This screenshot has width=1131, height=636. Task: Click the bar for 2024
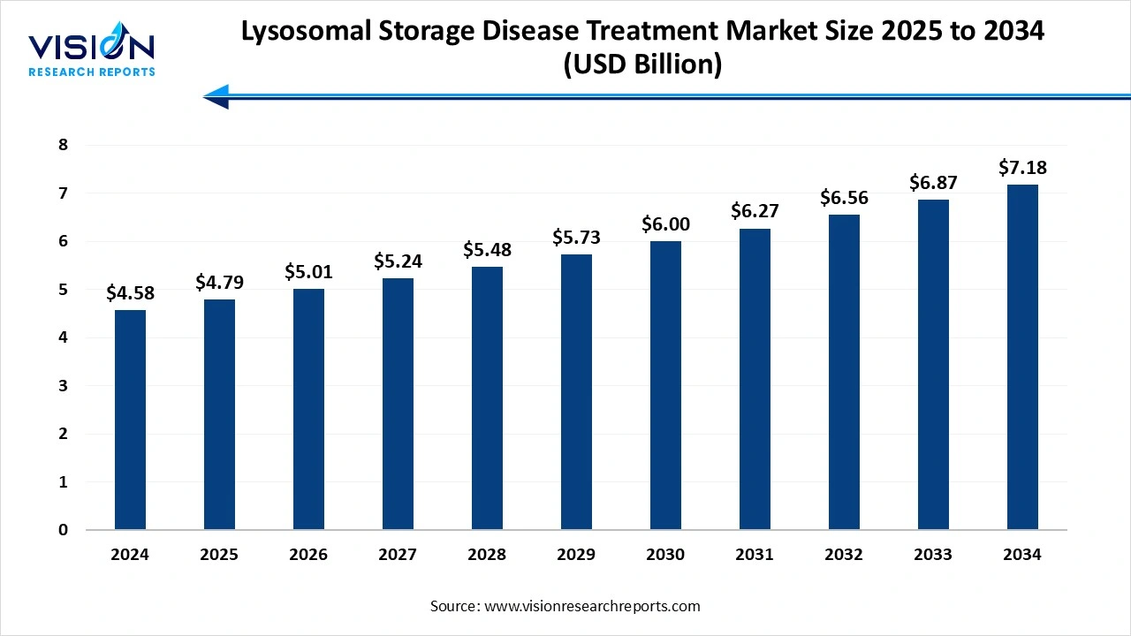130,420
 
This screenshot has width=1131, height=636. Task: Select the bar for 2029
576,392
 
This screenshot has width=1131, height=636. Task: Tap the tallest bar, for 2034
1021,357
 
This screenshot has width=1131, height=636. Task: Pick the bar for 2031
755,379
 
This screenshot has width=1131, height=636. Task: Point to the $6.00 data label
665,225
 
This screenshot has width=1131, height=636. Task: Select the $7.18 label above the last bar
1021,168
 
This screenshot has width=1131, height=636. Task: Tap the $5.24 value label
398,262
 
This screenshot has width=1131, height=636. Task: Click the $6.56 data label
844,199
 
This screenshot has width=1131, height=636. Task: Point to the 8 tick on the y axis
64,145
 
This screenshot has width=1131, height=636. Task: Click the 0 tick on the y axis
64,530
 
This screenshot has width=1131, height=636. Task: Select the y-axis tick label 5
64,290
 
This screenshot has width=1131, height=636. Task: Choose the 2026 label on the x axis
308,555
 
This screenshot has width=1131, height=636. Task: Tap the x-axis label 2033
932,555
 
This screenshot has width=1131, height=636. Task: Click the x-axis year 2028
487,555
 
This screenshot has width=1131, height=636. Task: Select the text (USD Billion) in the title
642,64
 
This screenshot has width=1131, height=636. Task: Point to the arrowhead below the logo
216,96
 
